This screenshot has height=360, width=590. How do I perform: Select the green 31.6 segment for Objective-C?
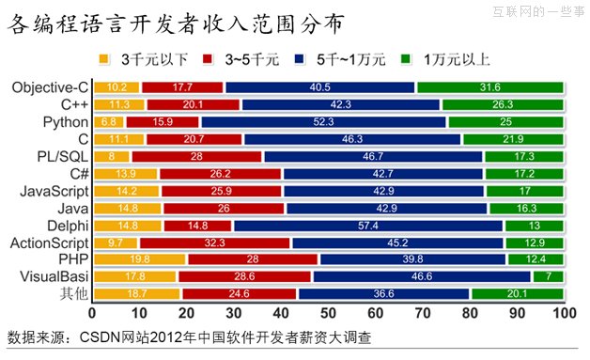pos(489,87)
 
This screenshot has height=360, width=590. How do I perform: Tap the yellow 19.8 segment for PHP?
pos(139,258)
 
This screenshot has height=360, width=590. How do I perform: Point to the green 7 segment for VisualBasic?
pos(548,275)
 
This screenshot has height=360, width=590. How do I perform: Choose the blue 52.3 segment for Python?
pos(322,121)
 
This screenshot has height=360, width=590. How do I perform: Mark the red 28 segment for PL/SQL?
pos(197,156)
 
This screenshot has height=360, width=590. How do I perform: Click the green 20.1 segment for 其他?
pos(516,293)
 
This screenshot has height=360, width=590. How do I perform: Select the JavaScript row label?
pos(48,190)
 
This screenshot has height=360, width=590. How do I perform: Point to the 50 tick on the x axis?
pos(327,314)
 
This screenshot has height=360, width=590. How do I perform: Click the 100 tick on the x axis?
pos(563,314)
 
